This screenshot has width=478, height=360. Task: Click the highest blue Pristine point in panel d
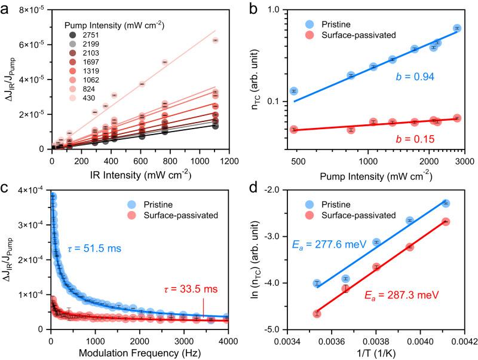pos(446,203)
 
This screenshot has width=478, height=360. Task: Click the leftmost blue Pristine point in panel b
pos(293,91)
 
